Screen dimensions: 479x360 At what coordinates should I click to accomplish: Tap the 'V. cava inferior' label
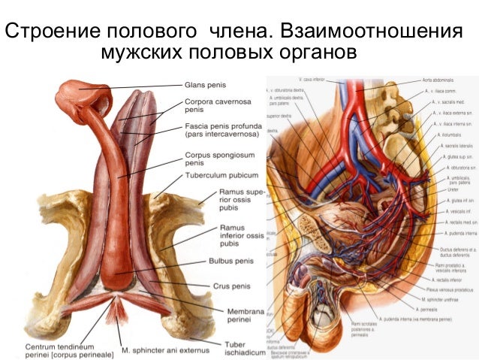coord(311,79)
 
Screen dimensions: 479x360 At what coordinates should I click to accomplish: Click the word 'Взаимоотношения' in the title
coord(369,32)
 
